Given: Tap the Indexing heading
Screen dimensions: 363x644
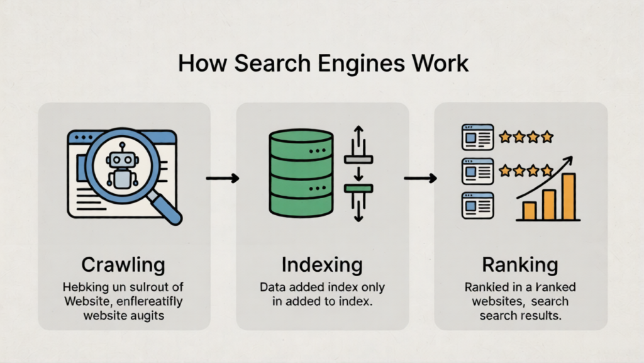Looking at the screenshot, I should (322, 264).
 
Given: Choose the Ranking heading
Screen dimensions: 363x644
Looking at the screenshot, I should (521, 264).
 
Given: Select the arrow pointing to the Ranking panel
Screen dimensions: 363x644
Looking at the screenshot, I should (420, 179).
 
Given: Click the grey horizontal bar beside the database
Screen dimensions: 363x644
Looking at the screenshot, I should (358, 159).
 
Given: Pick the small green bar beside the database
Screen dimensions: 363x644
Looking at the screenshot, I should (358, 188).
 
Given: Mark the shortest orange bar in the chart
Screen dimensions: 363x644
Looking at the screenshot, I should (529, 211).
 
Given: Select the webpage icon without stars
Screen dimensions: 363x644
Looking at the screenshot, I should (478, 205).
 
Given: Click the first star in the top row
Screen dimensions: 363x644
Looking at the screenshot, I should (504, 137).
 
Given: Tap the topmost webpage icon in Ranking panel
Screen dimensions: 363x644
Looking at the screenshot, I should (478, 137).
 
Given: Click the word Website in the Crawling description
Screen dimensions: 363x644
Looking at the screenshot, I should (87, 301).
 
